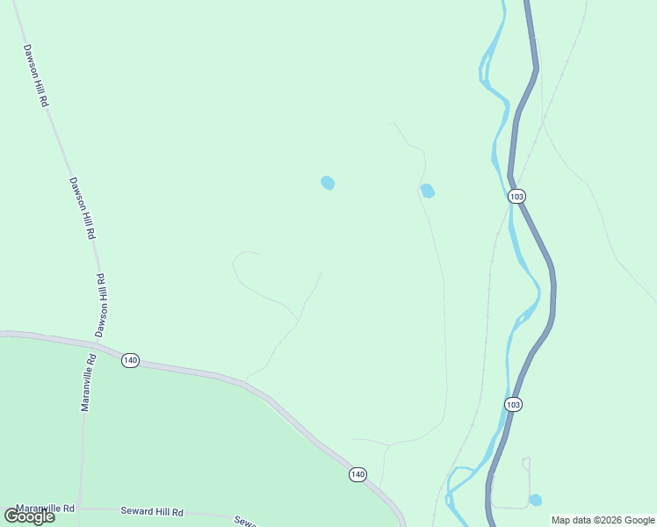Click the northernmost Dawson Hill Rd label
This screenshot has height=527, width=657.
tap(35, 76)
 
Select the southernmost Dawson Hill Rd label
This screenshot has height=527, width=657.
tap(101, 305)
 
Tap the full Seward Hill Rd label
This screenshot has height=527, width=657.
tap(153, 512)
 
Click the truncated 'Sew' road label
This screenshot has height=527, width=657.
tap(244, 521)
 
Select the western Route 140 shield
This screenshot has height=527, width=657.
tap(130, 360)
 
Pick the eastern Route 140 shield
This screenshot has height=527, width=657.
tap(357, 474)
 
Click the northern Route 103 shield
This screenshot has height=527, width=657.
tap(516, 197)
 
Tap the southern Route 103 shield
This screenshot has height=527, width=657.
tap(514, 404)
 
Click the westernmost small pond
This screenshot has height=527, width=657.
tap(328, 183)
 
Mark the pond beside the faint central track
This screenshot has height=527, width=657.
tap(428, 191)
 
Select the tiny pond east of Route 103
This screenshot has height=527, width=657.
tap(535, 500)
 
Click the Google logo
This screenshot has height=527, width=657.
tap(29, 516)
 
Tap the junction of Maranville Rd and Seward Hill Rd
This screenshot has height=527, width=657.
tap(80, 508)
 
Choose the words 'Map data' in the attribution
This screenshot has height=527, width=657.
tap(570, 520)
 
